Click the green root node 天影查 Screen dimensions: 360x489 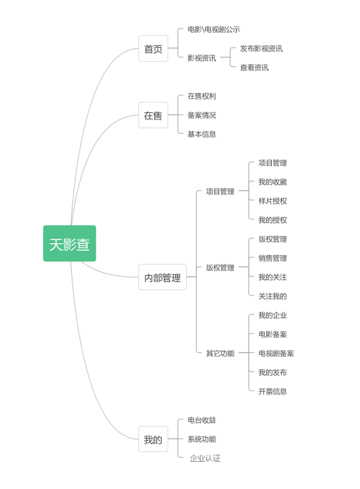[69, 244]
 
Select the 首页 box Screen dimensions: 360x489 [153, 48]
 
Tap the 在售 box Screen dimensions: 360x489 [153, 115]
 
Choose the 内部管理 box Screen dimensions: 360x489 [163, 277]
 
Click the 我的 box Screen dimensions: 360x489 [153, 439]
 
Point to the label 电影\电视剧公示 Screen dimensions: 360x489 [214, 29]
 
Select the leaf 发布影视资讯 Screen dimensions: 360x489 [261, 49]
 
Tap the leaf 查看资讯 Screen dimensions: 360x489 [254, 68]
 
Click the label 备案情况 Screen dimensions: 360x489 [202, 116]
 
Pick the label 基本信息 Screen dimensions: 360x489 [202, 135]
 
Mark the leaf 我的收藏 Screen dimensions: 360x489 [272, 182]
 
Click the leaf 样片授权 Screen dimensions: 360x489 [272, 201]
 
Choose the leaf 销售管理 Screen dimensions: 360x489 [272, 258]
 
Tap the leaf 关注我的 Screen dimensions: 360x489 [272, 297]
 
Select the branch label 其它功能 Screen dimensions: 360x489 [220, 353]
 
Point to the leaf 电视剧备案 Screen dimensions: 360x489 [276, 353]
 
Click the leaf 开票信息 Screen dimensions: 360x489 [272, 391]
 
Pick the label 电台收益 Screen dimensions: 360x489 [202, 420]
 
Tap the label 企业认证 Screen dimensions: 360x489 [205, 458]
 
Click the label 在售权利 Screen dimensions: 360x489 [202, 97]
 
